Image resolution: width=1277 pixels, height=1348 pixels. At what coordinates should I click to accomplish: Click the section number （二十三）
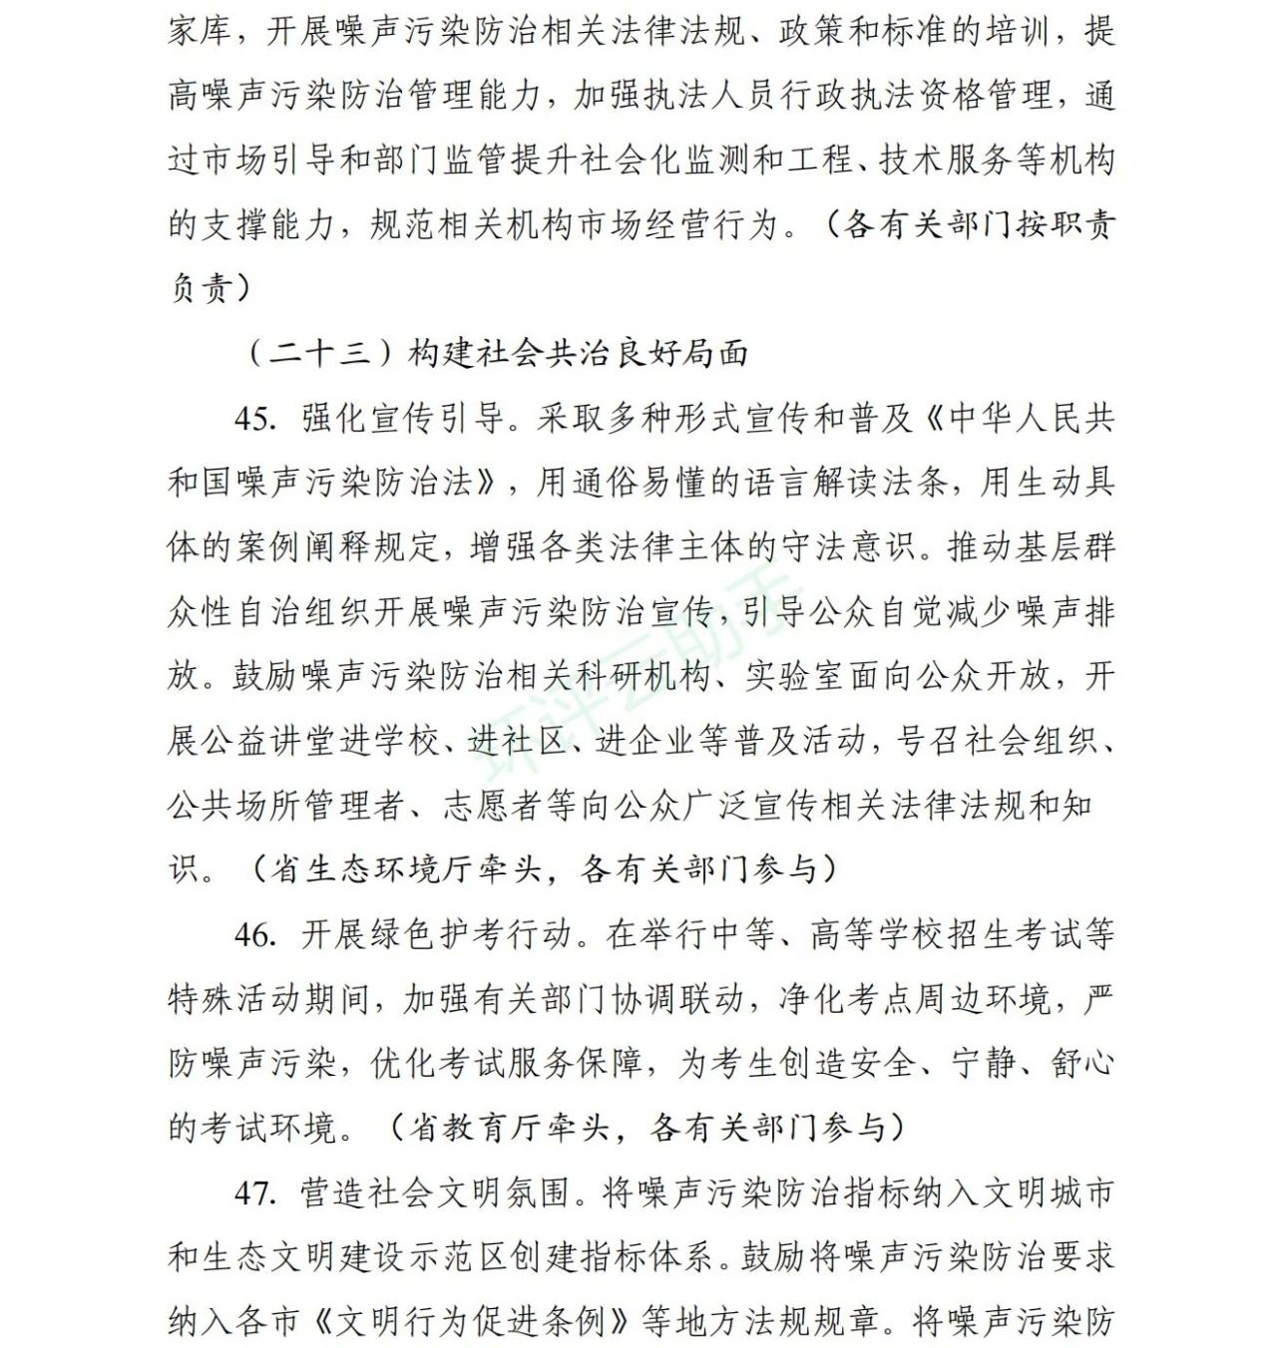tap(321, 353)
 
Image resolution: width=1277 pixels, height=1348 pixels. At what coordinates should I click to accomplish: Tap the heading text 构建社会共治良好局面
tap(578, 353)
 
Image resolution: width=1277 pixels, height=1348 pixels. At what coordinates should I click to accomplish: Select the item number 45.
tap(255, 419)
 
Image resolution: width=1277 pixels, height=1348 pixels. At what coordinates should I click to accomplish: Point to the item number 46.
tap(255, 934)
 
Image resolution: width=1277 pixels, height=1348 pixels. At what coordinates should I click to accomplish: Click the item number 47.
tap(255, 1192)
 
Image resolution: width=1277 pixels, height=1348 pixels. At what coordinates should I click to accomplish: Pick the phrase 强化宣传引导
tap(402, 419)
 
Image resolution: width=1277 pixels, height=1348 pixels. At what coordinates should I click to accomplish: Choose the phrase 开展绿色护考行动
tap(436, 934)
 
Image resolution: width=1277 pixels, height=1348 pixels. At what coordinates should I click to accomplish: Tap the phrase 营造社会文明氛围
tap(436, 1192)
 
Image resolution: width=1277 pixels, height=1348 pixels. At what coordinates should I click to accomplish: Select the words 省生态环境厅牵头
tap(407, 869)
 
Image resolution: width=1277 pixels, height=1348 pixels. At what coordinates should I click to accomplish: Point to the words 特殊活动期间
tap(269, 999)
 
